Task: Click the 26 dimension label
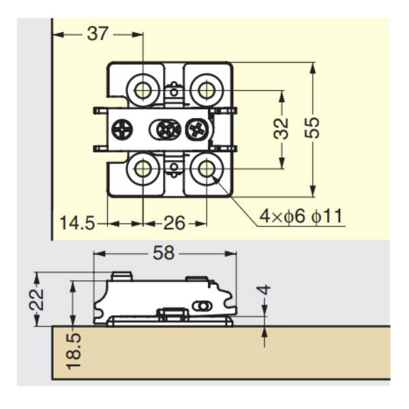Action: tap(175, 223)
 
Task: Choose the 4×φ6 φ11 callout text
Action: tap(301, 217)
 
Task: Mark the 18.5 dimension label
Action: tap(74, 349)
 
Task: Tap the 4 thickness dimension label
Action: tap(265, 290)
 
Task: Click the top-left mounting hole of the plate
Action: tap(143, 89)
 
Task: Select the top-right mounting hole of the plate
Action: tap(204, 89)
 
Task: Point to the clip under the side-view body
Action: tap(172, 314)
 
